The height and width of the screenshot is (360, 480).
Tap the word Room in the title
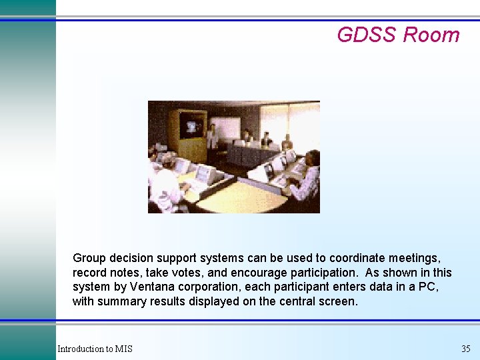click(x=431, y=35)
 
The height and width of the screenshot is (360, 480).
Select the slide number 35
click(x=465, y=349)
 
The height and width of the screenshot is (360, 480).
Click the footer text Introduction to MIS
click(x=95, y=349)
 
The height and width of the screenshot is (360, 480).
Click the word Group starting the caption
click(x=89, y=258)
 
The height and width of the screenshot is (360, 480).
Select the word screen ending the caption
click(x=340, y=301)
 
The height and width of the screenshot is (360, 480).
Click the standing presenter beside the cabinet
click(x=212, y=135)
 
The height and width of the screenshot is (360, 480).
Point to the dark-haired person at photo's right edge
click(x=309, y=175)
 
